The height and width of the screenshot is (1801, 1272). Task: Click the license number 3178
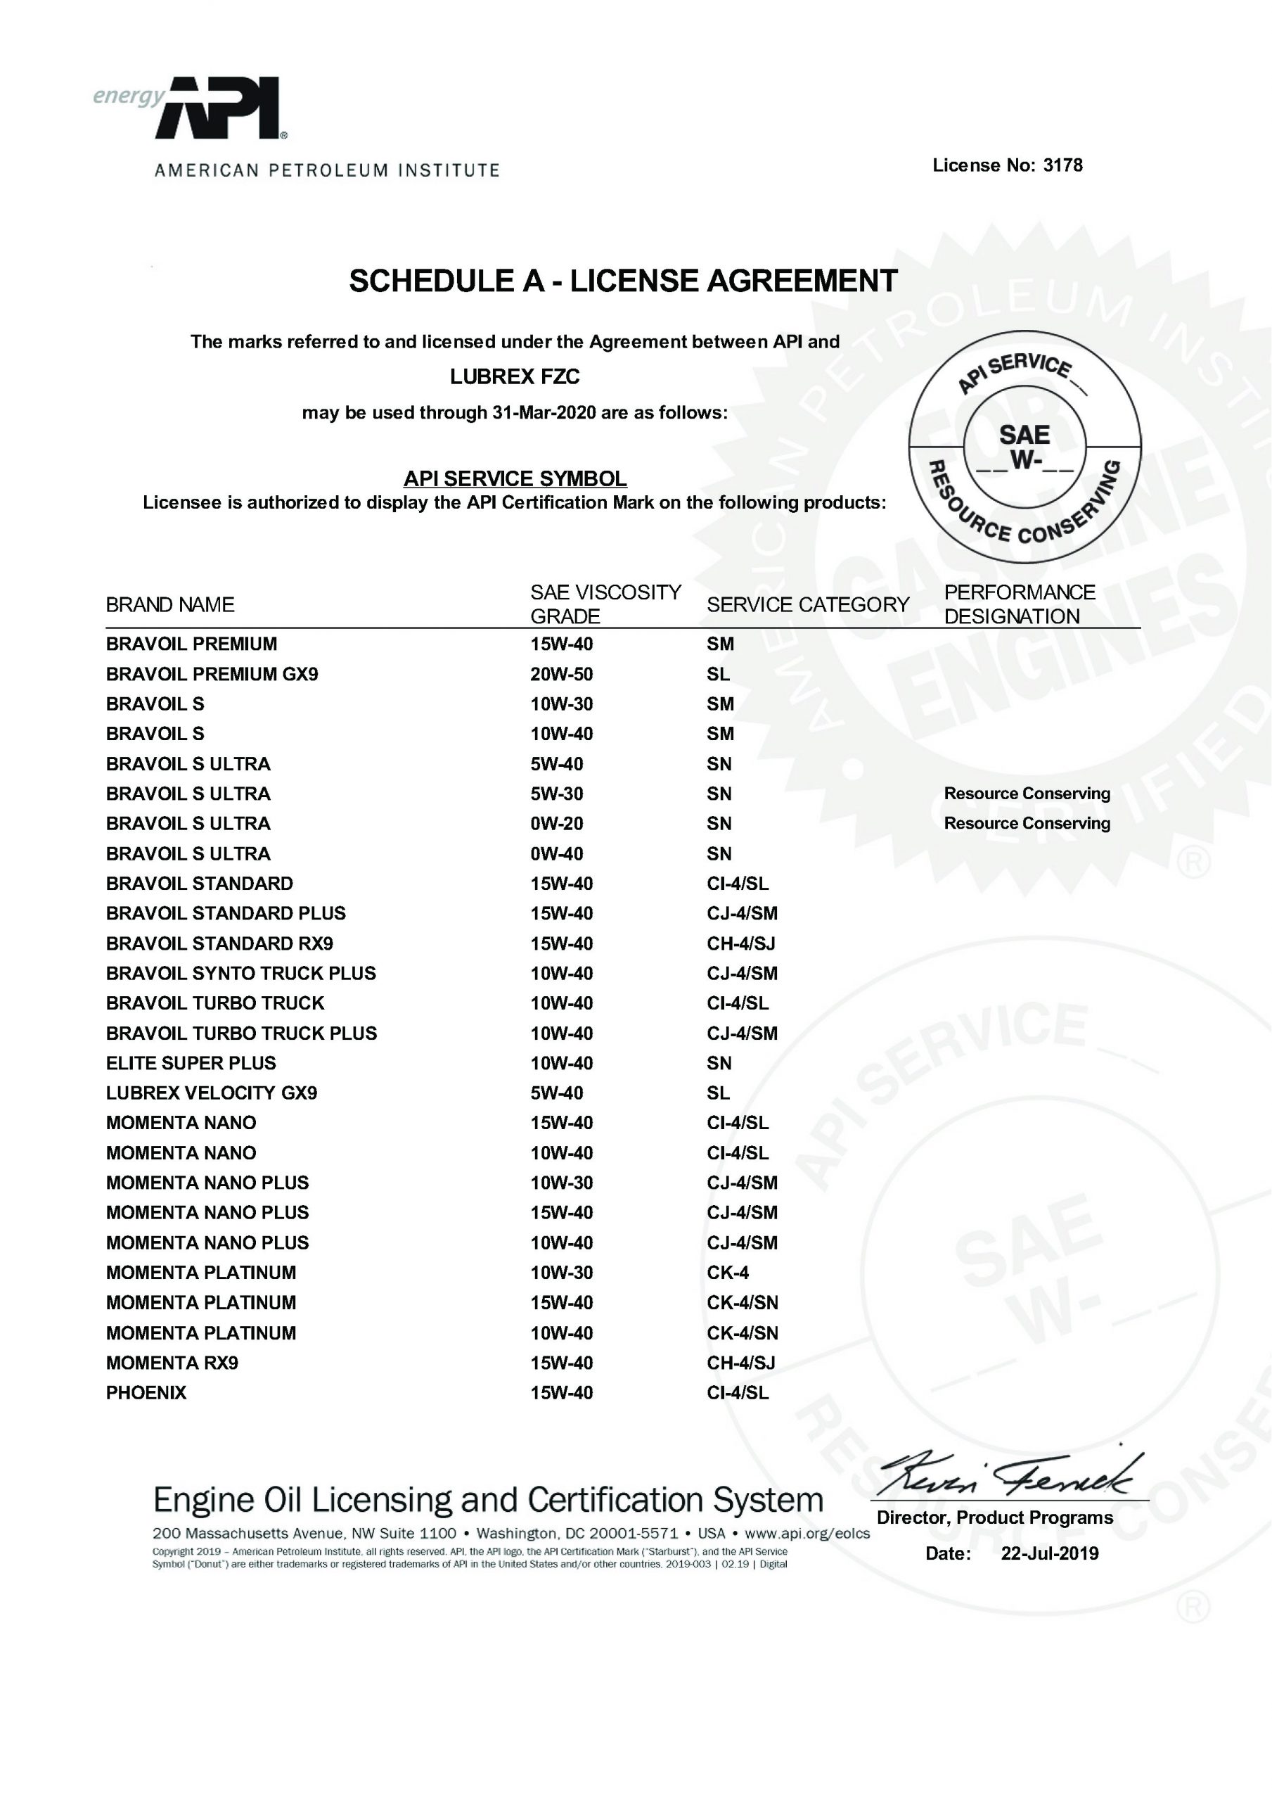1062,165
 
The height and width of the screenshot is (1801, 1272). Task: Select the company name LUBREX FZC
515,377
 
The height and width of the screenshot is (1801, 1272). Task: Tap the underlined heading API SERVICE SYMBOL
515,478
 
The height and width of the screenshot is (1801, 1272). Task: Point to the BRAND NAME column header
170,605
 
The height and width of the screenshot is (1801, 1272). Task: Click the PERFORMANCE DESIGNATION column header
1019,604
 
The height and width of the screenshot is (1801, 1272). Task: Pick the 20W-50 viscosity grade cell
562,675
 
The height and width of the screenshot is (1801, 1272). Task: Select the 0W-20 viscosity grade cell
557,824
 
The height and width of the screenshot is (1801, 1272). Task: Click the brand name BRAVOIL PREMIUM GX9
212,675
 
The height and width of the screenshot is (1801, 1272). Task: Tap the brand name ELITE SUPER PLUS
191,1064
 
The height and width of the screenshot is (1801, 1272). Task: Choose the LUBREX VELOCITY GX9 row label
211,1093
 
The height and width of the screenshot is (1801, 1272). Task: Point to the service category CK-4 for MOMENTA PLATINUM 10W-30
728,1273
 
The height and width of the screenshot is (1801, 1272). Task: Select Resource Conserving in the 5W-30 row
1027,794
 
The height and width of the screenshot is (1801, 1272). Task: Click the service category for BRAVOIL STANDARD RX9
740,943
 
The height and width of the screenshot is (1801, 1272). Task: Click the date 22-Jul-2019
1049,1554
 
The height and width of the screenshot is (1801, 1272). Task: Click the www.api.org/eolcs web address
807,1534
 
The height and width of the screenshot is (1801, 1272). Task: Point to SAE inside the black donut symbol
1024,435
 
